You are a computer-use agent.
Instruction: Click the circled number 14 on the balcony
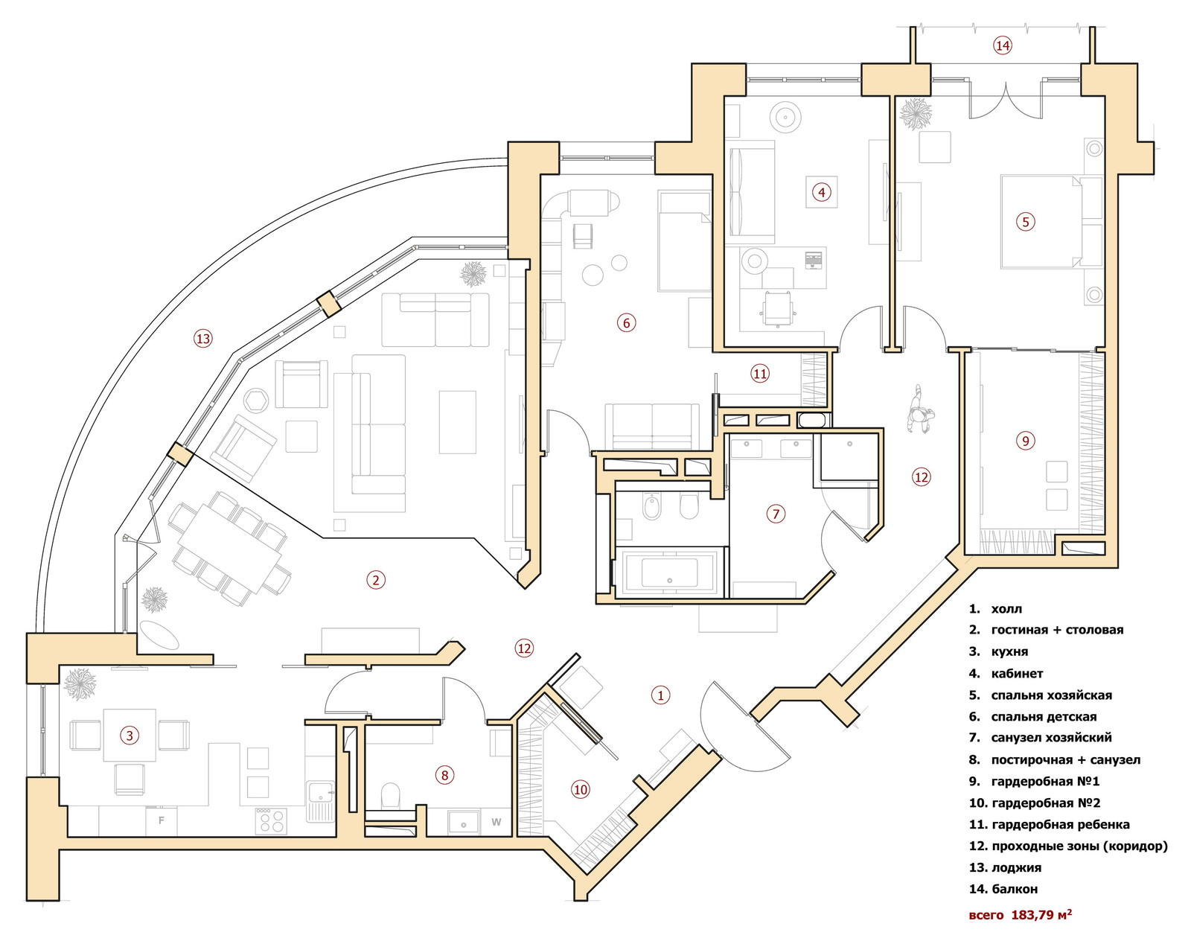(1002, 45)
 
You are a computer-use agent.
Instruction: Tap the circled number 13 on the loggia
(202, 338)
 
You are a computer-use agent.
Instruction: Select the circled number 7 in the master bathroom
(776, 514)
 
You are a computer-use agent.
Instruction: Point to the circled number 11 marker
(760, 374)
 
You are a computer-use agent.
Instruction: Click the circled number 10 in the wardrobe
(580, 790)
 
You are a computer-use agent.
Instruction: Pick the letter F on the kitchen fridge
(162, 820)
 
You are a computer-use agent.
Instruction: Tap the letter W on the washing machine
(496, 822)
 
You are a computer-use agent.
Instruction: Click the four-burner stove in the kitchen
(271, 821)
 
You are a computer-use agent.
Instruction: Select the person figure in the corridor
(920, 409)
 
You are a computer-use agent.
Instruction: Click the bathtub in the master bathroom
(669, 572)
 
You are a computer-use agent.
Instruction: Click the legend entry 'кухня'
(1010, 651)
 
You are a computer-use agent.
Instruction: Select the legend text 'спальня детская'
(1044, 716)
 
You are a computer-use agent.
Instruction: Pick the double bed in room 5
(1041, 222)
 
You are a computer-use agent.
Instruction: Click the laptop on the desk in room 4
(813, 259)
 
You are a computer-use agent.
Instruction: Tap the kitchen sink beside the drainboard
(320, 791)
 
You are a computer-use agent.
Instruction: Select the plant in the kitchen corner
(80, 684)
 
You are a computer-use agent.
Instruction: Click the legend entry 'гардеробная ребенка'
(1061, 824)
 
